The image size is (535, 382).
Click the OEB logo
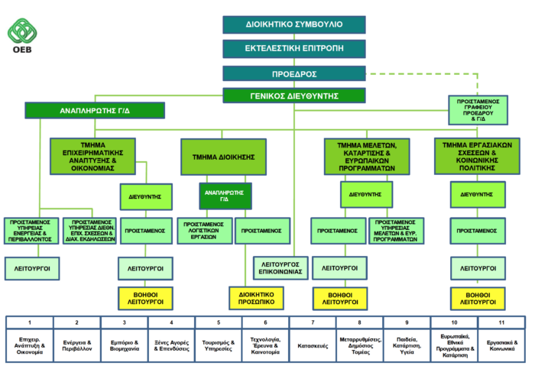(x=22, y=36)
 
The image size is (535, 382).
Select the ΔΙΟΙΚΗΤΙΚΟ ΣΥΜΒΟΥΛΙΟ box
(x=294, y=24)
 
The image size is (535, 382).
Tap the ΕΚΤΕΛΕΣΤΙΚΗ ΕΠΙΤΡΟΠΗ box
(x=294, y=49)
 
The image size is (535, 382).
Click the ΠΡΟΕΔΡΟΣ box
(x=294, y=73)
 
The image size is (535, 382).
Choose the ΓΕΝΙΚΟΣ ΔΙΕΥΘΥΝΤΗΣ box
(x=294, y=95)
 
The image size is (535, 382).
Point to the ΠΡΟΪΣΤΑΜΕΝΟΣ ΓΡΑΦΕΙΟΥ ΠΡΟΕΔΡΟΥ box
(x=478, y=110)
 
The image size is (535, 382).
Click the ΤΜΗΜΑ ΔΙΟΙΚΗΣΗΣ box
(x=223, y=157)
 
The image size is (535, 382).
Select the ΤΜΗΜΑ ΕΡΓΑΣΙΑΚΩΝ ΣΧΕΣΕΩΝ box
(x=477, y=156)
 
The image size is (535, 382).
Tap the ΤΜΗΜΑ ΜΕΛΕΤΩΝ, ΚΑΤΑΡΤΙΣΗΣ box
(x=367, y=157)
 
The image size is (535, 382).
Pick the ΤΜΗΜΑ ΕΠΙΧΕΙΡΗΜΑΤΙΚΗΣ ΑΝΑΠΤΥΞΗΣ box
(x=92, y=156)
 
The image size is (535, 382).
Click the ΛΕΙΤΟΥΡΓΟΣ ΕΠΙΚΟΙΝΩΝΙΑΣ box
(x=280, y=268)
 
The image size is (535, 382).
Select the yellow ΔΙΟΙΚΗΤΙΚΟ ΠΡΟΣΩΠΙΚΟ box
(x=256, y=298)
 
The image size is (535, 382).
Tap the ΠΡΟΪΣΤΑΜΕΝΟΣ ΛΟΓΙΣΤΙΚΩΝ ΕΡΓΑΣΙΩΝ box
(x=205, y=231)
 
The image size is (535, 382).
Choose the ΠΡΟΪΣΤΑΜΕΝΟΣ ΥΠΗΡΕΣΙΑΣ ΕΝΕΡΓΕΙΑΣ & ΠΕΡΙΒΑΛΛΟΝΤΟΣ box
(x=31, y=231)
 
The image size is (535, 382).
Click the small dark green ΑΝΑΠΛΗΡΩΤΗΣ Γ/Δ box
(x=225, y=196)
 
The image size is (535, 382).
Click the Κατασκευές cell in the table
(x=313, y=346)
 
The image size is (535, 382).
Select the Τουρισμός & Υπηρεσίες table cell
(x=219, y=346)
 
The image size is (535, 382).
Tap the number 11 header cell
(x=501, y=322)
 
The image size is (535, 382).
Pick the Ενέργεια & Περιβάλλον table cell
(x=76, y=346)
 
